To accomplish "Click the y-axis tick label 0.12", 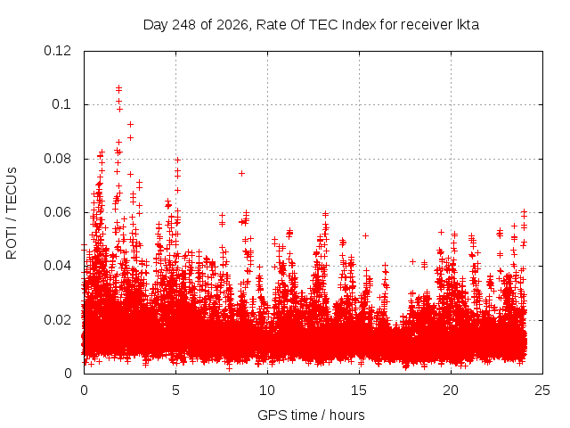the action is point(57,51).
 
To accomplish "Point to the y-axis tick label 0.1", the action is point(61,105).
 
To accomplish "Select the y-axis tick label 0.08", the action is point(57,159).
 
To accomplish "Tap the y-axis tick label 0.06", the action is point(57,212).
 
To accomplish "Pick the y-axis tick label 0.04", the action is point(57,266).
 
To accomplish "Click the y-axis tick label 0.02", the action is point(57,320).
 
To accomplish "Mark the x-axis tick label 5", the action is point(176,391).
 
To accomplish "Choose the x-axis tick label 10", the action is point(267,391).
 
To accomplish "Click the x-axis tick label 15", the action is point(359,391).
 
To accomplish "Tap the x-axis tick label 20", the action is point(451,391).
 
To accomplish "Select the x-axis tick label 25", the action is point(542,391).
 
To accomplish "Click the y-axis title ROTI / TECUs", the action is point(12,213).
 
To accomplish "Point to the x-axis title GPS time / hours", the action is point(311,415).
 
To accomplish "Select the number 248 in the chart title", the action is point(184,25).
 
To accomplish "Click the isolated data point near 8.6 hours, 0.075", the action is point(241,174).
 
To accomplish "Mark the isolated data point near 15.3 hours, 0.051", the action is point(366,235).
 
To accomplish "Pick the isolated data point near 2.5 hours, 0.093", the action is point(131,125).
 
